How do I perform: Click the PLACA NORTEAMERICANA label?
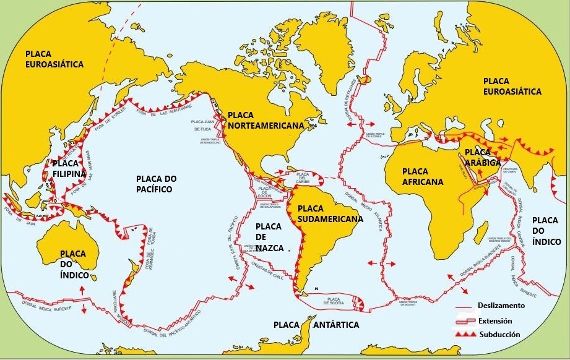click(266, 120)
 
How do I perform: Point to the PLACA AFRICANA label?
click(423, 176)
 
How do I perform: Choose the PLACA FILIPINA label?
click(69, 169)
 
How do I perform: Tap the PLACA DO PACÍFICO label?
click(156, 184)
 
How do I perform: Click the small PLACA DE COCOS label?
click(265, 189)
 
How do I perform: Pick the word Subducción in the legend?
click(498, 335)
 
